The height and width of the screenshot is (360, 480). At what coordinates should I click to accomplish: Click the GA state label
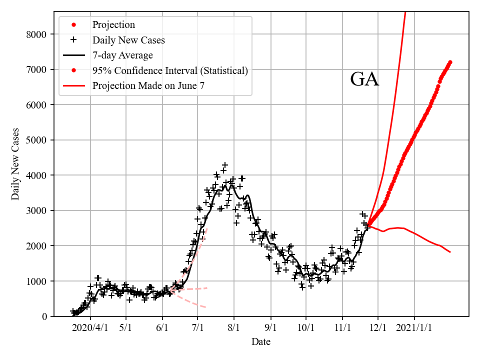click(364, 79)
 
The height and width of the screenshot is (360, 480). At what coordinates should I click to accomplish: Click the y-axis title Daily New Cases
click(15, 164)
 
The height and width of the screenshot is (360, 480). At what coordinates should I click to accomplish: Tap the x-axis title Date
click(261, 342)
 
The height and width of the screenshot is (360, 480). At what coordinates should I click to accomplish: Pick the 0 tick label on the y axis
click(44, 316)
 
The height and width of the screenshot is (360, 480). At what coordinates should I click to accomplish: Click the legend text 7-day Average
click(122, 55)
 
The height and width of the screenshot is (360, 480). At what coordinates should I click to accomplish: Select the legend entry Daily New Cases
click(128, 40)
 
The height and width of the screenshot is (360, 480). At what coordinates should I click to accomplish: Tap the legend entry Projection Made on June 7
click(148, 86)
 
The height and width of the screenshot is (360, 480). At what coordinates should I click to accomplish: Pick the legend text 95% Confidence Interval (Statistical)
click(170, 70)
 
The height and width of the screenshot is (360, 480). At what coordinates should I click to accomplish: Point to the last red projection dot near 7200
click(450, 62)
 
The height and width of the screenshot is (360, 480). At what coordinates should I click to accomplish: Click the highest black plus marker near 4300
click(225, 164)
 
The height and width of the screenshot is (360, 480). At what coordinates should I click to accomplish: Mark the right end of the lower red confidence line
click(450, 252)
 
